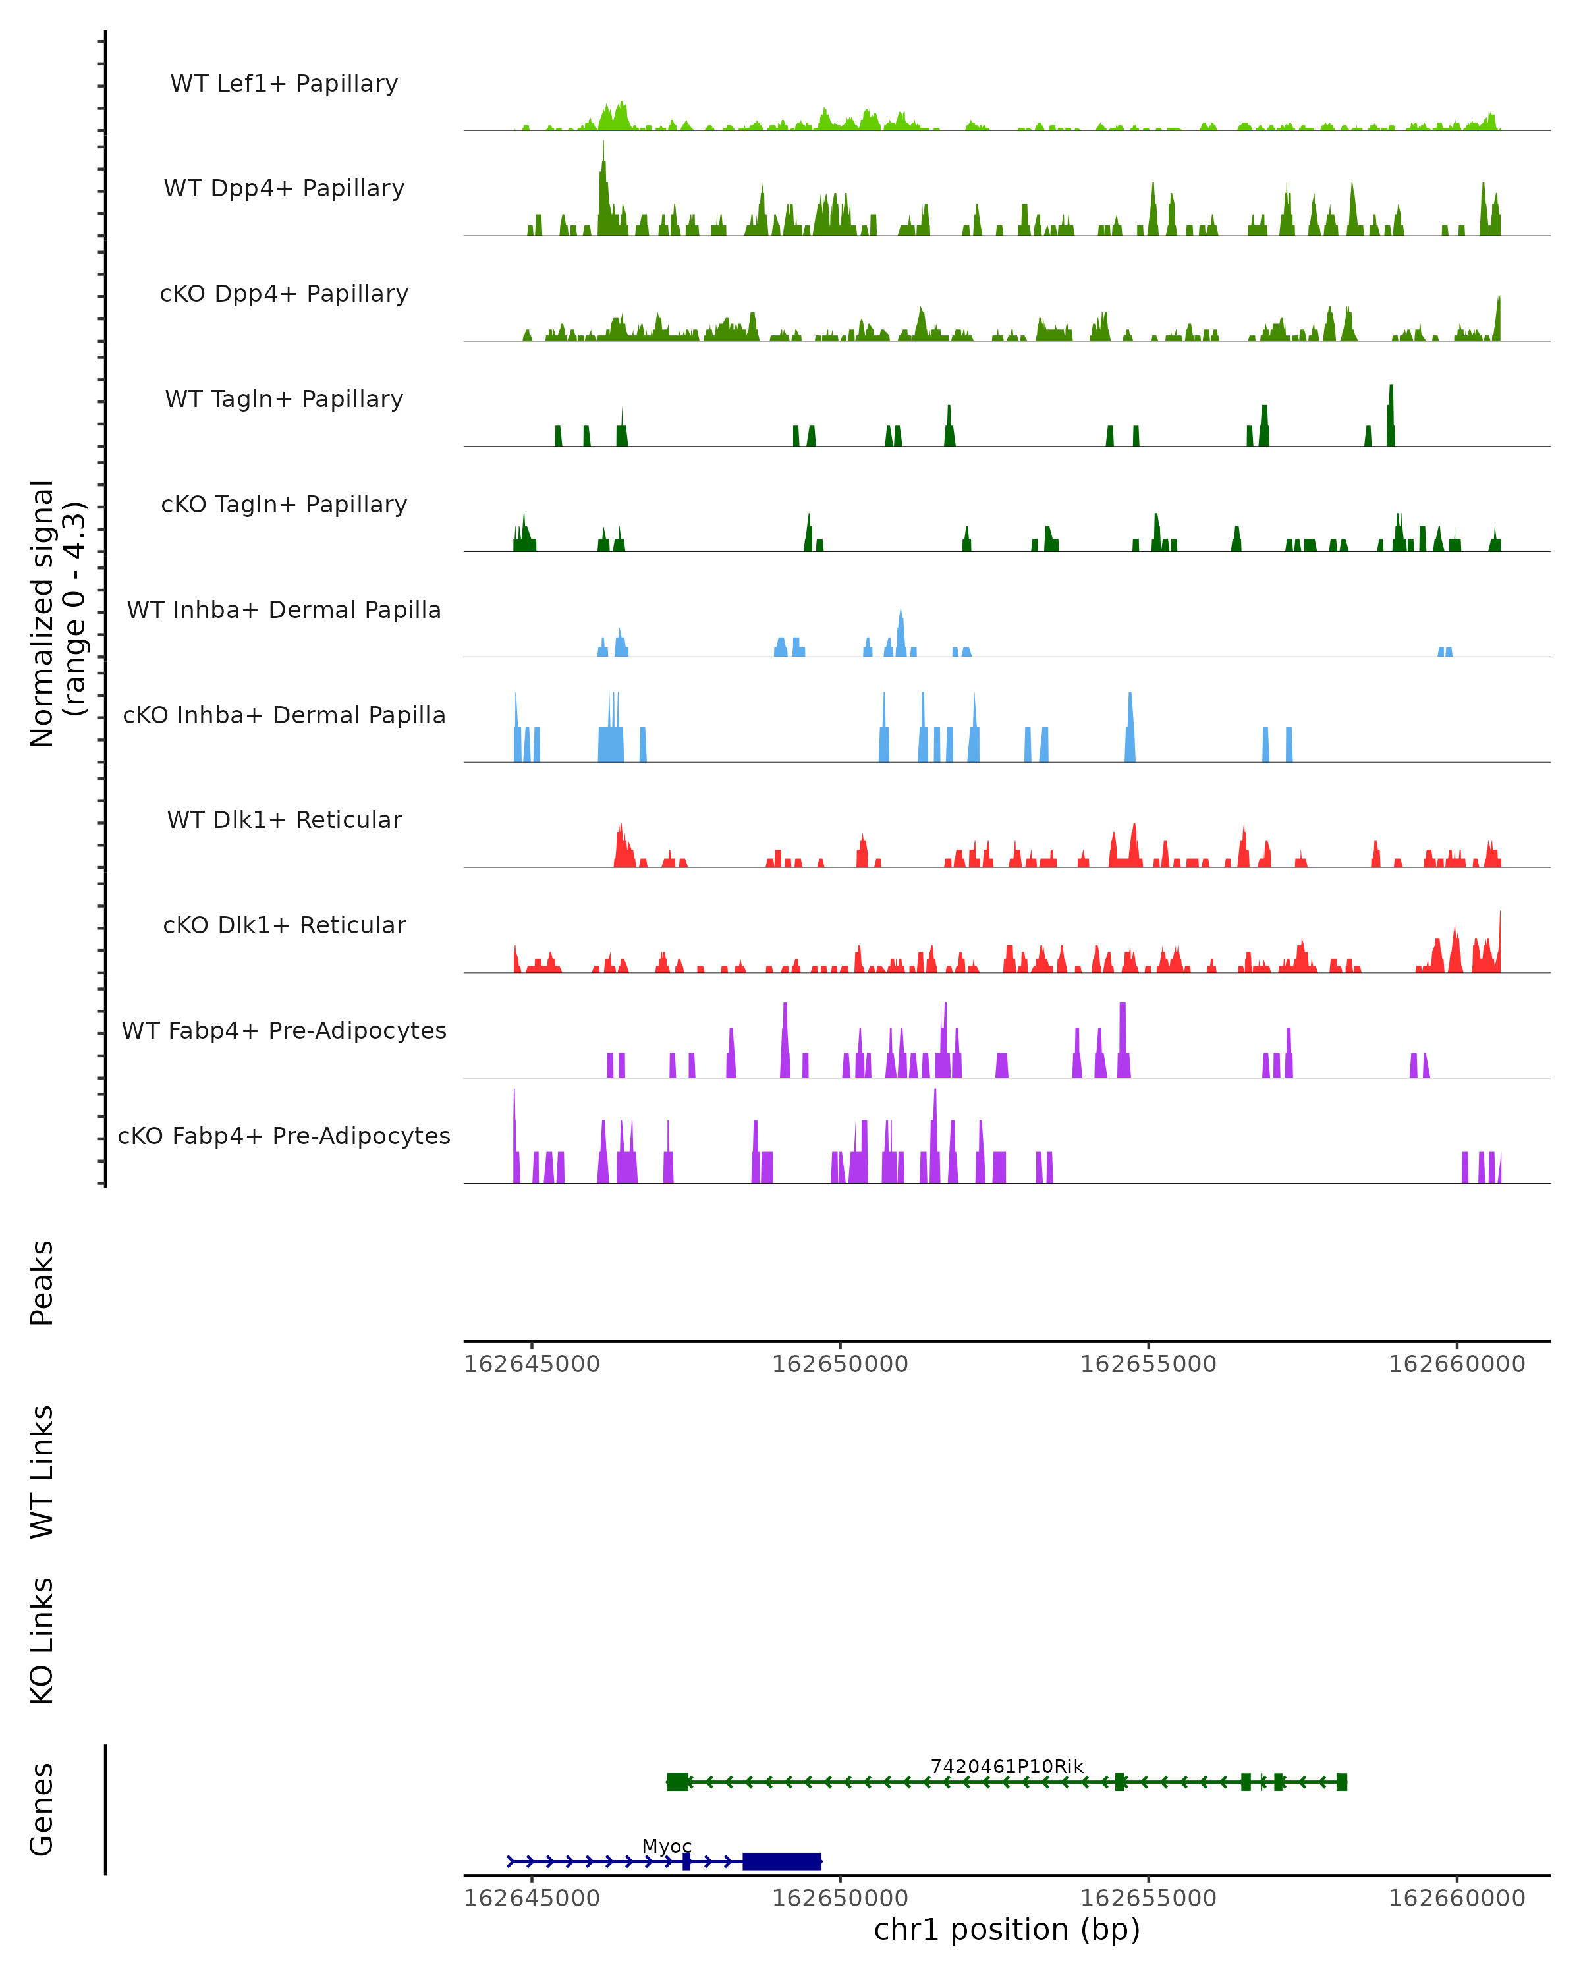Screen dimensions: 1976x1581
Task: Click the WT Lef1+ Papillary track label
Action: pos(284,84)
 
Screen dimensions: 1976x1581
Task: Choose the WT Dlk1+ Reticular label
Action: pos(284,819)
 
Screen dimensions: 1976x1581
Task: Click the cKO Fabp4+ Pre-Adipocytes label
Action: pos(284,1136)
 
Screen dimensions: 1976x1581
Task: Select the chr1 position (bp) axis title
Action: pos(1007,1929)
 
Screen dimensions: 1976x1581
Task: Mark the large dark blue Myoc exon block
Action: pos(782,1861)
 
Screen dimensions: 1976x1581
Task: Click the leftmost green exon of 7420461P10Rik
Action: pos(677,1782)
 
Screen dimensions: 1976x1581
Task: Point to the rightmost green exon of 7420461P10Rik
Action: pos(1342,1782)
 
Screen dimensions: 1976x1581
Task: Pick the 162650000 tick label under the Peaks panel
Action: pos(839,1364)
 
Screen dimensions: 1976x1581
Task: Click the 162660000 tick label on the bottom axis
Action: pos(1456,1898)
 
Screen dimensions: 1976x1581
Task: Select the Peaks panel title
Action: pos(42,1282)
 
